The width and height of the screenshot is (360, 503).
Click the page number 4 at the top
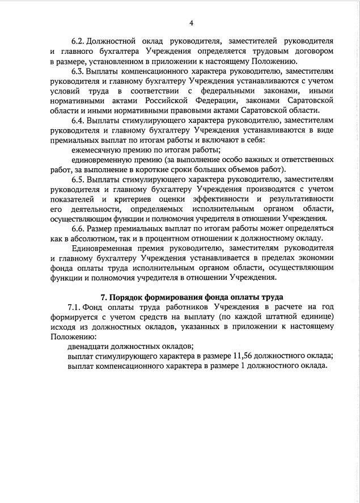[192, 23]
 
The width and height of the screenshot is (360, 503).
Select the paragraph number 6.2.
[78, 42]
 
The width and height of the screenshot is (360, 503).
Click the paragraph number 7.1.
[74, 306]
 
